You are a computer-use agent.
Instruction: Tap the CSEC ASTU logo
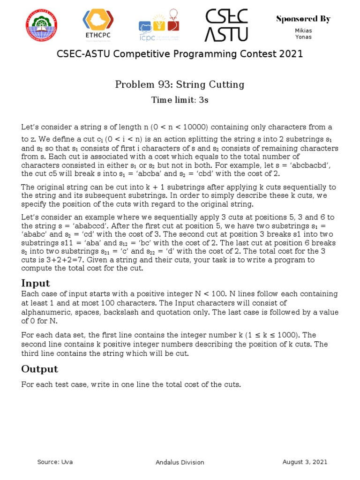[226, 25]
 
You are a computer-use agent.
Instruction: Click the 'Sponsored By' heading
[303, 19]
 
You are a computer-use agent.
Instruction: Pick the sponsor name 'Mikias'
[303, 30]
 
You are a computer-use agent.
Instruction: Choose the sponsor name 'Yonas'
[303, 37]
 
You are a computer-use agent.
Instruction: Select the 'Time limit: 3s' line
[180, 100]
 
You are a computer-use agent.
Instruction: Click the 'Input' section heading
[36, 283]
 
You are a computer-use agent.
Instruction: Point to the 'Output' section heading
[40, 369]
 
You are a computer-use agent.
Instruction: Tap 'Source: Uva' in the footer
[55, 462]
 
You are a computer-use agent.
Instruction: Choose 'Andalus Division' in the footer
[180, 462]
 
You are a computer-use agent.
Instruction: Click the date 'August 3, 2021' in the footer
[305, 462]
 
